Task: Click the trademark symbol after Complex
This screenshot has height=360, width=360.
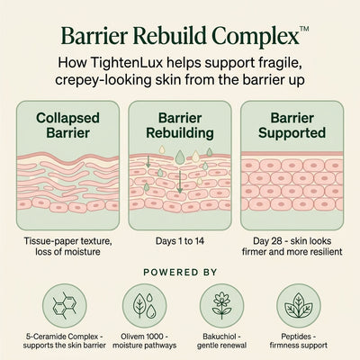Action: point(304,29)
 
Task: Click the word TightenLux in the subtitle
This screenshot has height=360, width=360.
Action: point(126,63)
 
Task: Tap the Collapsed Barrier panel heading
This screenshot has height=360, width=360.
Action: point(67,125)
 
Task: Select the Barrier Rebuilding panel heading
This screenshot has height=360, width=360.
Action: point(180,125)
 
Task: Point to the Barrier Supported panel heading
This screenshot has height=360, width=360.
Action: point(292,125)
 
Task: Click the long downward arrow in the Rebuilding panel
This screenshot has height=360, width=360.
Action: point(179,182)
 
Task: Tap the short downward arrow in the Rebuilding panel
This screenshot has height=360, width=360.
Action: point(148,161)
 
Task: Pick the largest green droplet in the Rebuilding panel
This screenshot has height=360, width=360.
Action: point(180,157)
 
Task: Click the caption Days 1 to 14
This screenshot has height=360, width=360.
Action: point(180,241)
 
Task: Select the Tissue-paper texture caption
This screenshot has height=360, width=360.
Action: point(67,246)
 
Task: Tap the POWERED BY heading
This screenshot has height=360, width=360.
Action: point(180,272)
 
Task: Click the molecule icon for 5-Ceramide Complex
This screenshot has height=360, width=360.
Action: point(64,306)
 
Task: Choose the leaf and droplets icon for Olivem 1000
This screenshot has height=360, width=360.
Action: point(145,306)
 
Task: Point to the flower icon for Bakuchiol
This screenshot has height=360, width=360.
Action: point(221,306)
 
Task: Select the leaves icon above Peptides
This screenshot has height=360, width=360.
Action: point(299,306)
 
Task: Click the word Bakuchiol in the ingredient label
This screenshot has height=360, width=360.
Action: point(220,337)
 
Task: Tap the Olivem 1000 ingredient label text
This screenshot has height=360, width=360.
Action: point(145,341)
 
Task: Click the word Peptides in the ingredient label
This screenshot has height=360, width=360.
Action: point(296,337)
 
